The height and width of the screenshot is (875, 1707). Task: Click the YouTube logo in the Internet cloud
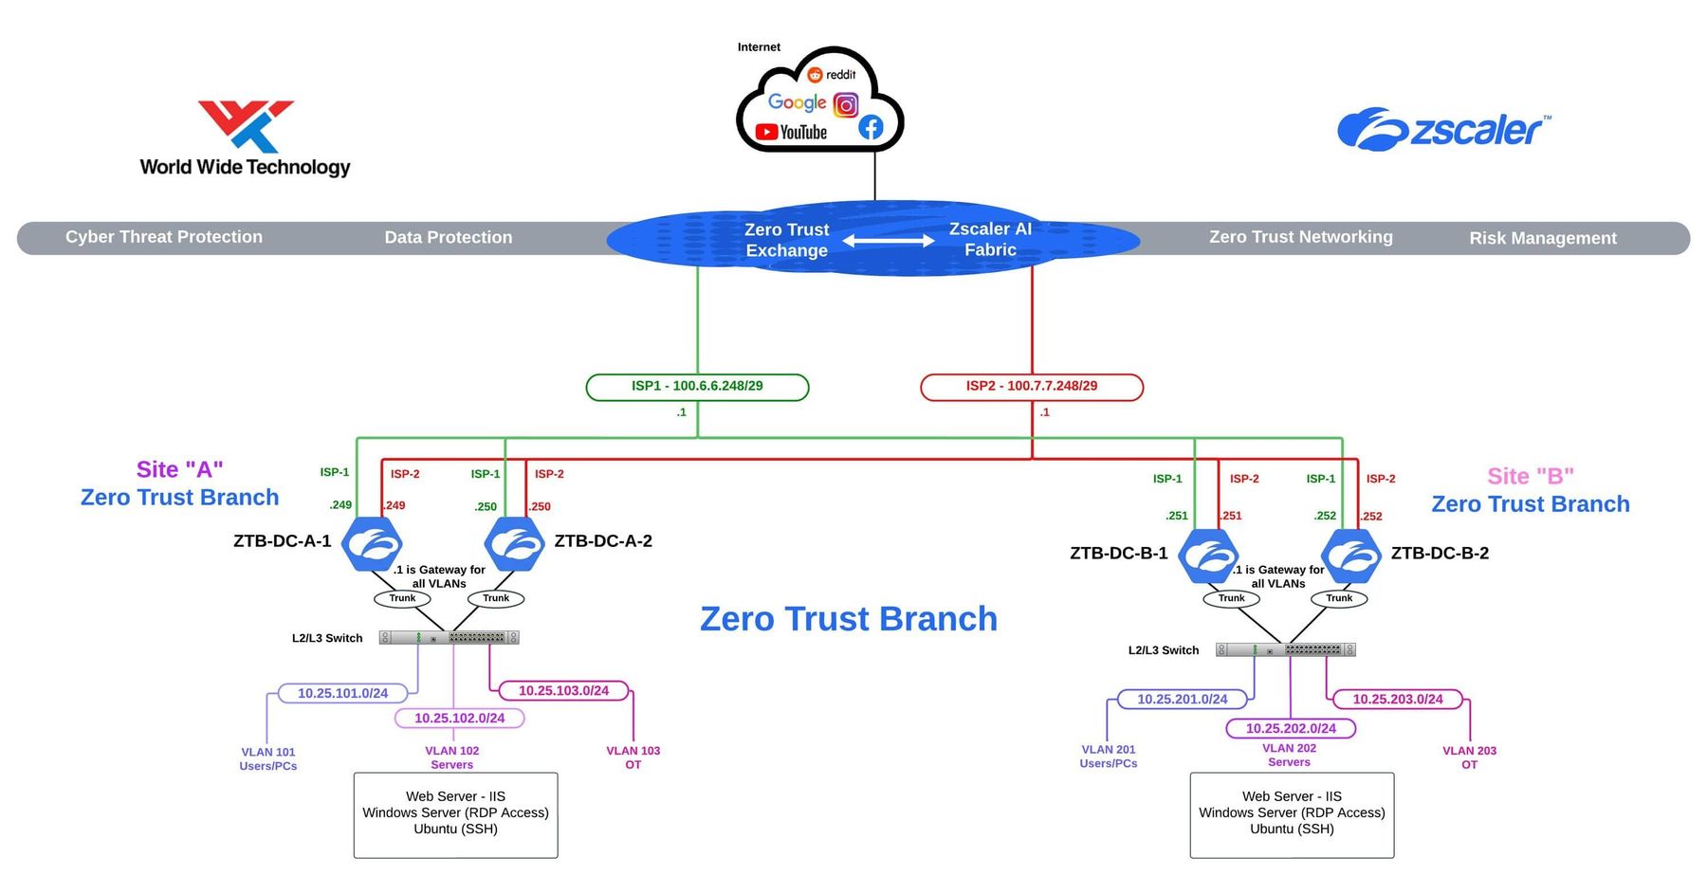(x=791, y=133)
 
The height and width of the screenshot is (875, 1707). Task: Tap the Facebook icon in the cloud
(x=871, y=127)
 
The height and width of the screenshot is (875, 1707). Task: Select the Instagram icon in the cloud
(x=846, y=104)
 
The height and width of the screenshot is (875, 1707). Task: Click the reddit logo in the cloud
(x=832, y=75)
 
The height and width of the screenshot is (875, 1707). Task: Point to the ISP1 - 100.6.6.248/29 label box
(x=697, y=387)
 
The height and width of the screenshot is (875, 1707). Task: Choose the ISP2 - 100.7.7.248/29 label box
(x=1032, y=387)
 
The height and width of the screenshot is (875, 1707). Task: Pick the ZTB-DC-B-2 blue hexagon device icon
(x=1352, y=556)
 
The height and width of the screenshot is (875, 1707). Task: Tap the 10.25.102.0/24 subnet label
(x=459, y=719)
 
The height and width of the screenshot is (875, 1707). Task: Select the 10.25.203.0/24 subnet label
(x=1397, y=700)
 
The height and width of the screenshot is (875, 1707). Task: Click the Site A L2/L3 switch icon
(x=449, y=638)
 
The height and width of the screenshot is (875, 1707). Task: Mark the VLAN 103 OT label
(x=633, y=757)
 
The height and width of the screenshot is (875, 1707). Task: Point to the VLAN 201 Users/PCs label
(x=1108, y=757)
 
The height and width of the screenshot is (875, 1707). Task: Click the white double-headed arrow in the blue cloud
(x=889, y=241)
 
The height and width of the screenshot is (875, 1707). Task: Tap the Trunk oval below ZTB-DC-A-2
(x=496, y=598)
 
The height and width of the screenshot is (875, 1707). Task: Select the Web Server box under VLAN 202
(x=1292, y=814)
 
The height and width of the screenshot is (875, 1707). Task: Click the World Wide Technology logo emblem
(x=246, y=125)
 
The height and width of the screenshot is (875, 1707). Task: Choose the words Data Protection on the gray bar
(x=448, y=238)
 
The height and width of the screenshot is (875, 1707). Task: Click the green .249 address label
(x=340, y=505)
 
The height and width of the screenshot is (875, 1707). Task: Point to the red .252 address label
(x=1371, y=517)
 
